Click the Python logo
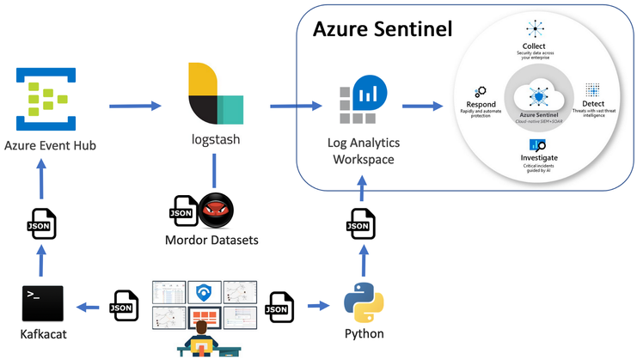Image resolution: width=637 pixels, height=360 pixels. [x=362, y=306]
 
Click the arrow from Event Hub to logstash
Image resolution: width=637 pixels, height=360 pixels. [x=136, y=106]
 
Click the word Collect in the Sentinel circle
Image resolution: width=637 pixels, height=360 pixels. [x=534, y=46]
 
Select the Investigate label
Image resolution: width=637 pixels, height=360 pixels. [x=539, y=159]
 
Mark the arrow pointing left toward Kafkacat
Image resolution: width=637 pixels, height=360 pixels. [x=89, y=305]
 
